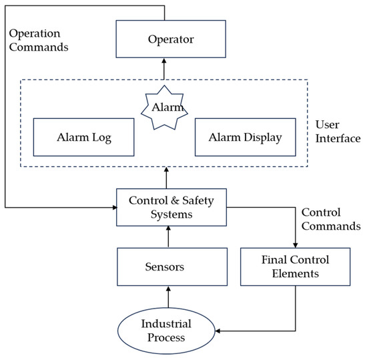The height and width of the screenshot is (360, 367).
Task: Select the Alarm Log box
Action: coord(83,138)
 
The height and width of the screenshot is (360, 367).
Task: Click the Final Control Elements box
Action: coord(294,266)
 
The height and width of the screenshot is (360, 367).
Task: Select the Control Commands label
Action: coord(330,219)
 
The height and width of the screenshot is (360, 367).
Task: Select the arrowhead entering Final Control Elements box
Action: coord(294,245)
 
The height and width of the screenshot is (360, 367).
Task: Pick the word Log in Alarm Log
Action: coord(101,139)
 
